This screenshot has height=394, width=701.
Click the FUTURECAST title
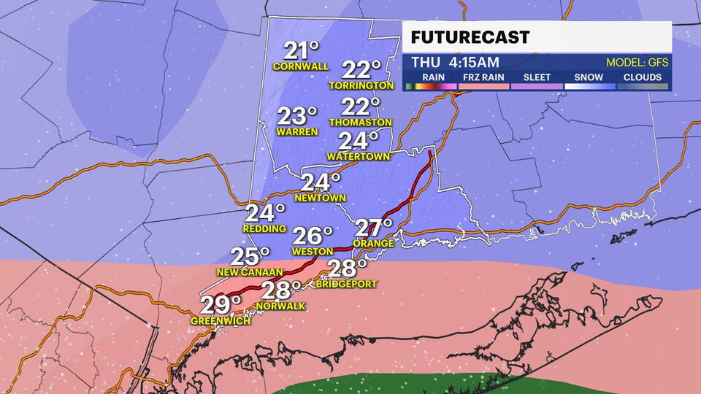coord(470,38)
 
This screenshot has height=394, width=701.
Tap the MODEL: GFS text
coord(637,63)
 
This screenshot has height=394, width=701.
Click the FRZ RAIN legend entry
coord(483,77)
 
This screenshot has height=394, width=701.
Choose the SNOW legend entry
coord(589,77)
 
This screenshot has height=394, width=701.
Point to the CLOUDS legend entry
coord(643,77)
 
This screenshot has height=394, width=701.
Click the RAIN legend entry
coord(430,77)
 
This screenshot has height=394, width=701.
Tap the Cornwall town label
coord(301,66)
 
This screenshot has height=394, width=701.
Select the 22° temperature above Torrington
coord(361,70)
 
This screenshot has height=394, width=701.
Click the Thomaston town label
coord(361,123)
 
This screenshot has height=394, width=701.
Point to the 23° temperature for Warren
coord(297,117)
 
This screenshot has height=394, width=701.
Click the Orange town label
coord(373,244)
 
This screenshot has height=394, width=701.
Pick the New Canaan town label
coord(250,272)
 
